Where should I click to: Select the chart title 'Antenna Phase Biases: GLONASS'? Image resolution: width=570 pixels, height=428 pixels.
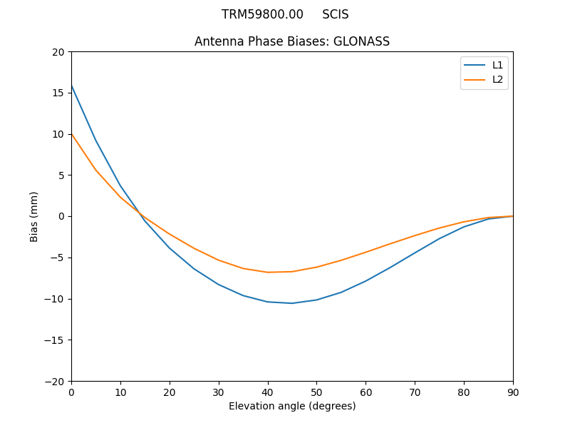tap(292, 41)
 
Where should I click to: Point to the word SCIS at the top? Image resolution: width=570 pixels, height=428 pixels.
tap(336, 14)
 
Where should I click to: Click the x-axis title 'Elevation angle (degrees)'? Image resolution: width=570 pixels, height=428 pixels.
tap(292, 406)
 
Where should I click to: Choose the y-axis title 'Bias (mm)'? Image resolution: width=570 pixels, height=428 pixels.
tap(34, 216)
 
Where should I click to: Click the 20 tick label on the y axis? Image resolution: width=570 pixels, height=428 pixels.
tap(58, 52)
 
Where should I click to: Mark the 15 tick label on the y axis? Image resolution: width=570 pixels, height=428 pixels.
tap(58, 93)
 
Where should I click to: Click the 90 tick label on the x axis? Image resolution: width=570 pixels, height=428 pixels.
tap(513, 392)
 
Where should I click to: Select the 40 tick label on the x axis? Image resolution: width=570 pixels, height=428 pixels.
tap(268, 392)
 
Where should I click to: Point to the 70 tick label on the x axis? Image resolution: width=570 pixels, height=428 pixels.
tap(415, 392)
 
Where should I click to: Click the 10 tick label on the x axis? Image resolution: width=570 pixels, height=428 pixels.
tap(120, 392)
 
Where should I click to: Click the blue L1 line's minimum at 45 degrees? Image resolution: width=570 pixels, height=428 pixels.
tap(292, 303)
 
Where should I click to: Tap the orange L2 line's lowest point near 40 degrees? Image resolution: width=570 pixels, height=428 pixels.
tap(268, 272)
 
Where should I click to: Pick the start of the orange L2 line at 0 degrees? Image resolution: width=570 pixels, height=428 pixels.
tap(72, 134)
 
